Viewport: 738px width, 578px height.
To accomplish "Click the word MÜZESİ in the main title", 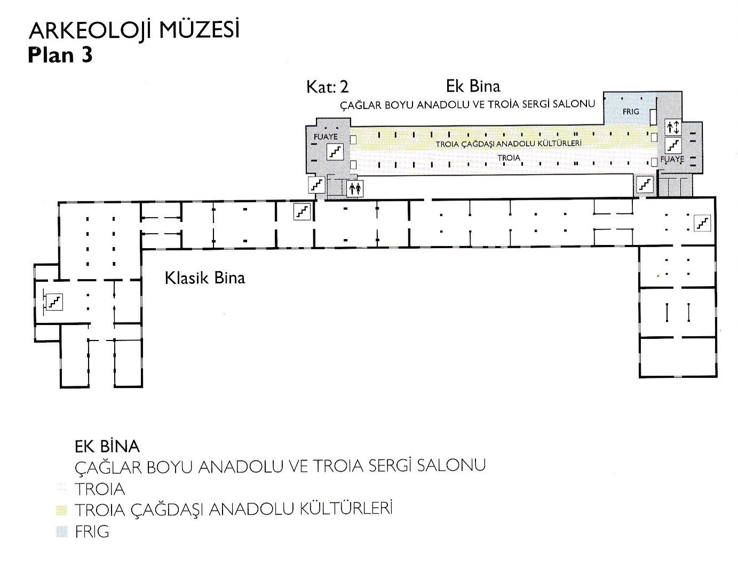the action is (x=199, y=30).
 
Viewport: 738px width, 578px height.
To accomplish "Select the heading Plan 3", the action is (x=60, y=55).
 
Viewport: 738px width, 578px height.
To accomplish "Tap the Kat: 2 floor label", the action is (x=328, y=87).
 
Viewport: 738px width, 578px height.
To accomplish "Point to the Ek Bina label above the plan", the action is (x=473, y=86).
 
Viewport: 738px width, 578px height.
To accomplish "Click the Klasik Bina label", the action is (x=205, y=278).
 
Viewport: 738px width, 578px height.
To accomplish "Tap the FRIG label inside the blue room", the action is (x=631, y=112).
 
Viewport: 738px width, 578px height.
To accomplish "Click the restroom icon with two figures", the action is (x=355, y=189).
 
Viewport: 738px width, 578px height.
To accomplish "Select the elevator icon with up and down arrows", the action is (x=673, y=128).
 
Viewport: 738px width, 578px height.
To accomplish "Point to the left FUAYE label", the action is (x=326, y=137).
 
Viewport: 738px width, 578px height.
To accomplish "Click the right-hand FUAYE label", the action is (x=672, y=159).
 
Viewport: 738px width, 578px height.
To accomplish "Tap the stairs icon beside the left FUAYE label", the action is (x=335, y=152).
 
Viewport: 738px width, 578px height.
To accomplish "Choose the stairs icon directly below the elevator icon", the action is (x=673, y=145).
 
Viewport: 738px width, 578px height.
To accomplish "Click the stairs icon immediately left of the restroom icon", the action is (x=316, y=185).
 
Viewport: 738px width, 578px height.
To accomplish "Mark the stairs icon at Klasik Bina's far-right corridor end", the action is (x=702, y=223).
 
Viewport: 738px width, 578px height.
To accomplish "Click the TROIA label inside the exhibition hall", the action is (x=509, y=158).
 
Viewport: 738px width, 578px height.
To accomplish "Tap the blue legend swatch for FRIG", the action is (x=61, y=532).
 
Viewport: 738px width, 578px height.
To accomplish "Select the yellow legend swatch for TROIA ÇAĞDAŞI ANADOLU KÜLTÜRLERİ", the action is (x=61, y=510).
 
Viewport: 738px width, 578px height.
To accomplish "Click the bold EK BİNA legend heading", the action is (x=107, y=447).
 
